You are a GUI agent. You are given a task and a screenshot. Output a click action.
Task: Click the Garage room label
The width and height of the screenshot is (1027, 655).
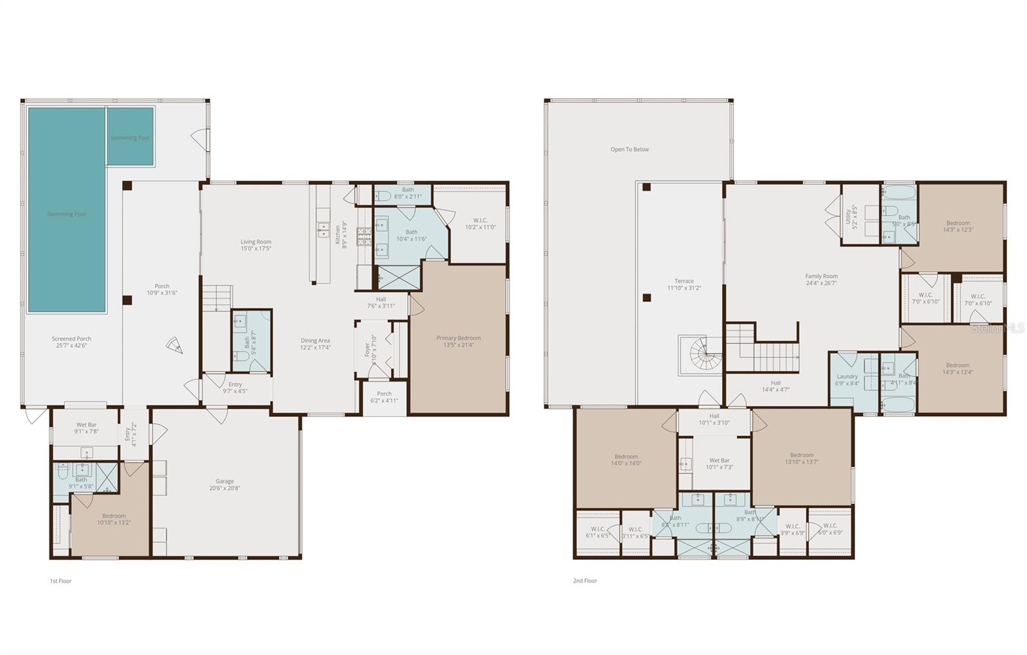[225, 484]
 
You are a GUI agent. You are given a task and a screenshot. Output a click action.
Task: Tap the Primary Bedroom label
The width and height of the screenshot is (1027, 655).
[458, 341]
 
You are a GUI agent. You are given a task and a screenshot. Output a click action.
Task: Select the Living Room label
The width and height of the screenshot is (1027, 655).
[256, 245]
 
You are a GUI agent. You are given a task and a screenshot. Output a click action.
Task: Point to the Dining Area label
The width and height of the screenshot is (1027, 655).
[315, 344]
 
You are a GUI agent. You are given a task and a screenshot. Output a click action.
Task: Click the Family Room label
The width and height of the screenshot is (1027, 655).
[822, 279]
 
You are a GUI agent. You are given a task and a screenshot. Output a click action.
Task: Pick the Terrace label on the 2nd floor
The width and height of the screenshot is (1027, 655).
[684, 284]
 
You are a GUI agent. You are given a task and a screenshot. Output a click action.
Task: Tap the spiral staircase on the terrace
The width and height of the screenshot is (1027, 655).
[704, 355]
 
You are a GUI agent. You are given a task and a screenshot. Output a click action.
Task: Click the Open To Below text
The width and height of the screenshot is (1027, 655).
[630, 150]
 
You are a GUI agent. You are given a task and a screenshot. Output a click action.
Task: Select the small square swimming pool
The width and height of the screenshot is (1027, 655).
[130, 136]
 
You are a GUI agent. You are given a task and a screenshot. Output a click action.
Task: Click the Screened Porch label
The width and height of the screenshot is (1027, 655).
[72, 342]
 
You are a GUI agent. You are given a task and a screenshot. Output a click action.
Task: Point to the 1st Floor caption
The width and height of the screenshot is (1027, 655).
[61, 581]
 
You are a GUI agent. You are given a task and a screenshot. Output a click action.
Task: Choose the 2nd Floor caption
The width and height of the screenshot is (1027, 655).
[585, 581]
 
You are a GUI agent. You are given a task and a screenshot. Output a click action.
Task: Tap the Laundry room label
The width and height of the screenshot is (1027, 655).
[847, 380]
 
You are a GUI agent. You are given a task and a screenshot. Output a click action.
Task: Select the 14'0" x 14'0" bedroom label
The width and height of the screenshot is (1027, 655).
[626, 460]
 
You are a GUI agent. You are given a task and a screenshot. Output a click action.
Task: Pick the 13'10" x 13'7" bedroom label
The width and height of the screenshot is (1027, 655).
[802, 459]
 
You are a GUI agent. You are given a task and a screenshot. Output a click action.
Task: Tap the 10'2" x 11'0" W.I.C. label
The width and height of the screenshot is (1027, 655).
[480, 223]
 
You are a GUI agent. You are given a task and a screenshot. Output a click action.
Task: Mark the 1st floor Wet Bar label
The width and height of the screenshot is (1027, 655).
[87, 428]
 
